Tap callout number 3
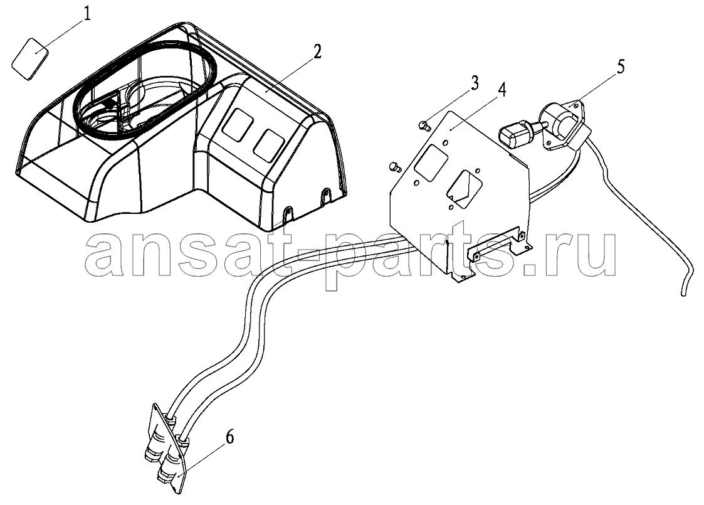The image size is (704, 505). [475, 83]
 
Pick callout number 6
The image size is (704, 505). [229, 436]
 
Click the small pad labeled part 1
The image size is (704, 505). [29, 59]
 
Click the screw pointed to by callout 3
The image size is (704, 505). [422, 125]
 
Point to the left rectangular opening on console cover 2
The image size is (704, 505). [238, 125]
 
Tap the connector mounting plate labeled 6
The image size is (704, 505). [167, 449]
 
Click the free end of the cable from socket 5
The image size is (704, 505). [684, 294]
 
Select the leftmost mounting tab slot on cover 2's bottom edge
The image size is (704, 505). [288, 213]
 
